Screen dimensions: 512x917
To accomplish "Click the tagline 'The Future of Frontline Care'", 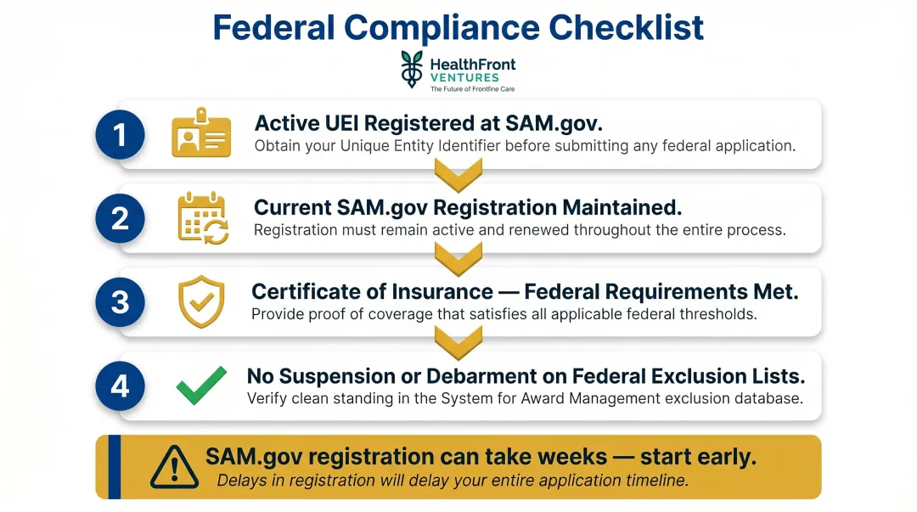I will pyautogui.click(x=472, y=89).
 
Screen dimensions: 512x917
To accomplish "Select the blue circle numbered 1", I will pyautogui.click(x=121, y=134).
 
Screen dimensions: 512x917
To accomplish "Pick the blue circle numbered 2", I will pyautogui.click(x=121, y=218).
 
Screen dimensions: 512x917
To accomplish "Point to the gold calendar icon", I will pyautogui.click(x=203, y=218).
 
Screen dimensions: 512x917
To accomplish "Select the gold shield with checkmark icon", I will pyautogui.click(x=201, y=301).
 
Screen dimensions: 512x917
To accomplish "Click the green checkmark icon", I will pyautogui.click(x=201, y=385).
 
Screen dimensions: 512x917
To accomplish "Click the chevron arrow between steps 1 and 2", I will pyautogui.click(x=458, y=176).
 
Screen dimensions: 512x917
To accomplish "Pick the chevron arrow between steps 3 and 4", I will pyautogui.click(x=458, y=343).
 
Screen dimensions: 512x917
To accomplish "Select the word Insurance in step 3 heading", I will pyautogui.click(x=442, y=292).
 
